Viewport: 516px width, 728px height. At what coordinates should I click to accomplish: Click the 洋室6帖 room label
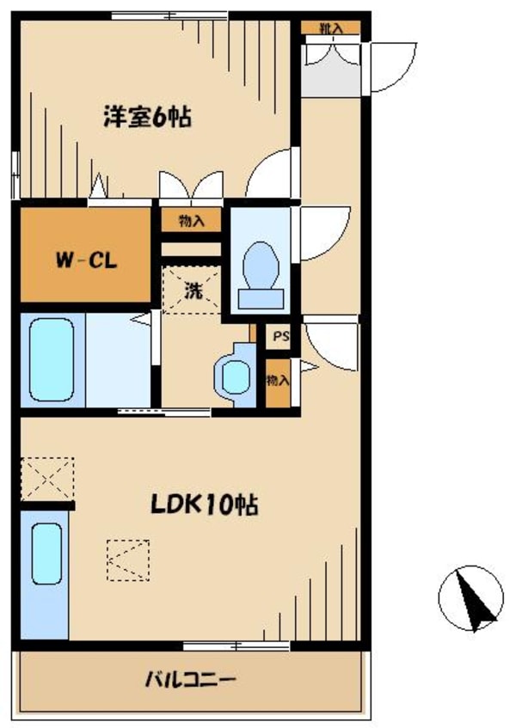147,117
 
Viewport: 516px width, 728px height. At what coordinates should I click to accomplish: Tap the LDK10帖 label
205,505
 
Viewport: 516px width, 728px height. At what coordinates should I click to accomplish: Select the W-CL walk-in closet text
86,260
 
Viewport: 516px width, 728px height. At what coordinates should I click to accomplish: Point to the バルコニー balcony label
191,680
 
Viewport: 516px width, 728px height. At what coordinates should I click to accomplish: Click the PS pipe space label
280,336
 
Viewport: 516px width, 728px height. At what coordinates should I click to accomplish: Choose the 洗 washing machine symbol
192,291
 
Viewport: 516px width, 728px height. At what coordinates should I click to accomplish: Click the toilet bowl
261,275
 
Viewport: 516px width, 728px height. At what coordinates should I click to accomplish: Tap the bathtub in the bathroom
52,360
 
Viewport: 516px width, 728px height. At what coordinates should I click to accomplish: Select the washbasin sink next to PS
236,376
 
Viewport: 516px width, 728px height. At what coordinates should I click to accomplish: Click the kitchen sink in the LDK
46,554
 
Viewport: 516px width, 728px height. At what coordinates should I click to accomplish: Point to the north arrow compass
471,598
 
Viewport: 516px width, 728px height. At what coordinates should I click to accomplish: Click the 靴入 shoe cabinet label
331,28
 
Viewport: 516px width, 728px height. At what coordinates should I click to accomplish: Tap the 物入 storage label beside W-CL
192,221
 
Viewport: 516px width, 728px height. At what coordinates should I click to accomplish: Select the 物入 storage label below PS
278,381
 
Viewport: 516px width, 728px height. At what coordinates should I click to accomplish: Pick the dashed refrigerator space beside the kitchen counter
47,479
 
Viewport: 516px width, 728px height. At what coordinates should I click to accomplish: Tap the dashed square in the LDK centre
128,560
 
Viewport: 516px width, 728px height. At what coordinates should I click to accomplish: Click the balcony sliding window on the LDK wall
236,645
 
